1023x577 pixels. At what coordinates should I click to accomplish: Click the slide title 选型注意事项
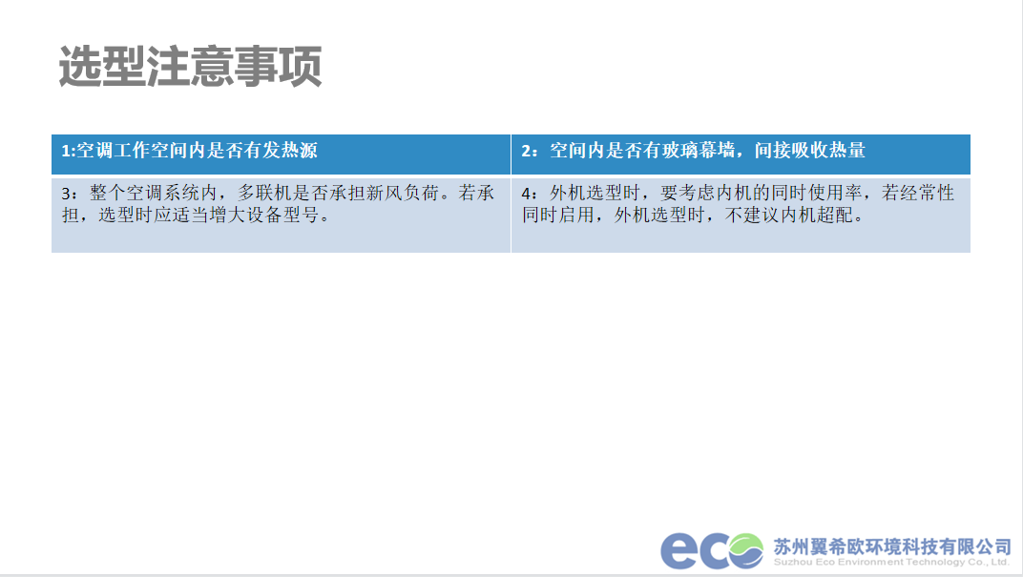(x=191, y=67)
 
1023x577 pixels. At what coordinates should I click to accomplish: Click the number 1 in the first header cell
(x=66, y=151)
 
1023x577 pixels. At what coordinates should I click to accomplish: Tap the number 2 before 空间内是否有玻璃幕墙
(x=526, y=151)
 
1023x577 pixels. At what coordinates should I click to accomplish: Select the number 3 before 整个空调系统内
(x=67, y=194)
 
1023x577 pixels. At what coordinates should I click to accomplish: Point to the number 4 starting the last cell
(x=527, y=194)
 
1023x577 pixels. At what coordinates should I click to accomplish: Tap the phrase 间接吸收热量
(x=809, y=151)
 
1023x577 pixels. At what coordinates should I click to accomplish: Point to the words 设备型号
(x=282, y=215)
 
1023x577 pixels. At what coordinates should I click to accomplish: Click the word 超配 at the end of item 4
(x=836, y=215)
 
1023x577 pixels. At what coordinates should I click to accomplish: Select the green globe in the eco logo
(x=746, y=551)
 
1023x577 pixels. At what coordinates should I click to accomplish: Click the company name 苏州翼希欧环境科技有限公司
(x=892, y=546)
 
